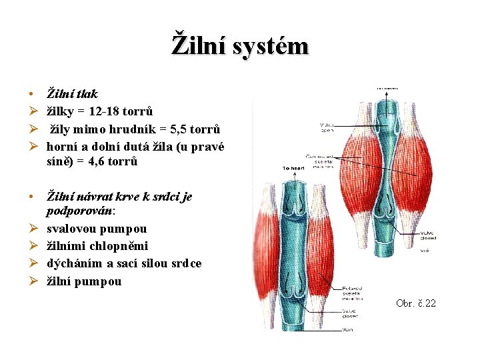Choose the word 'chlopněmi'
[x=114, y=246]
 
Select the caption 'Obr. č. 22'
[x=415, y=303]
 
